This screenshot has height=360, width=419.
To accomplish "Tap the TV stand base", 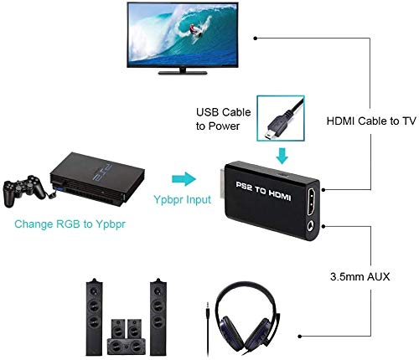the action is click(x=183, y=73).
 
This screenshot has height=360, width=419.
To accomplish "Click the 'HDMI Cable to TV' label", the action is click(x=371, y=121).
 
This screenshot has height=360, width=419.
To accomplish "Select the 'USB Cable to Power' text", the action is click(x=223, y=119).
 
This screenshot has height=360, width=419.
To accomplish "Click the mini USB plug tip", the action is click(x=268, y=136).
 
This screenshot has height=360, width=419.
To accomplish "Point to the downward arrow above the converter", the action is click(x=282, y=156).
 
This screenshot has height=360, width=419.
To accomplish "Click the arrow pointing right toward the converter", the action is click(x=184, y=179).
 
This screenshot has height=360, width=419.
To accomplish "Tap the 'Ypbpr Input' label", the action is click(x=183, y=200).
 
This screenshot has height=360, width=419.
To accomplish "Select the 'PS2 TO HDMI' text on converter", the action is click(x=263, y=191).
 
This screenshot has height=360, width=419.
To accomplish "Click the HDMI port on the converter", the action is click(x=313, y=202).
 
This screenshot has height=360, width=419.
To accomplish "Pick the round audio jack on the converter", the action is click(x=311, y=226).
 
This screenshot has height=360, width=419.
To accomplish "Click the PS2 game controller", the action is click(x=24, y=191).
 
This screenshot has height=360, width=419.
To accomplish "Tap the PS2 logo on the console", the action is click(x=102, y=172).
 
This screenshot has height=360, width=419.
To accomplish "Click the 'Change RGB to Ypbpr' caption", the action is click(x=70, y=224).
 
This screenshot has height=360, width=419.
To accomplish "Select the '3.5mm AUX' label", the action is click(x=360, y=276).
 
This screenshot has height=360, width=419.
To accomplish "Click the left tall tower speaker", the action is click(x=94, y=317).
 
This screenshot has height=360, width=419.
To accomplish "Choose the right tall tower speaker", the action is click(x=158, y=317).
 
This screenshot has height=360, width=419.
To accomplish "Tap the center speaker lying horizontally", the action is click(x=127, y=347).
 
